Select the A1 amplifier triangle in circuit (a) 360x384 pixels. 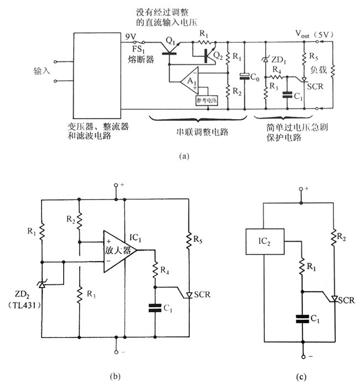coord(189,83)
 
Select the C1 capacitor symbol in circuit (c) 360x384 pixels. coord(302,319)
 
